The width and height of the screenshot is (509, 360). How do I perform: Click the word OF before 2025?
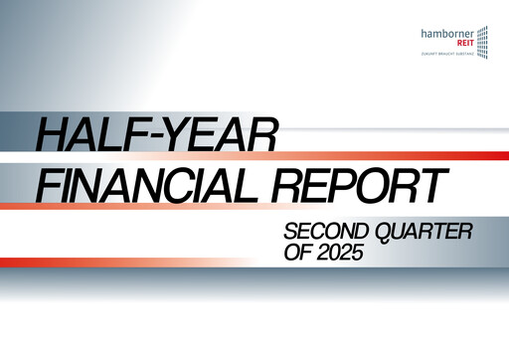[298, 254]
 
